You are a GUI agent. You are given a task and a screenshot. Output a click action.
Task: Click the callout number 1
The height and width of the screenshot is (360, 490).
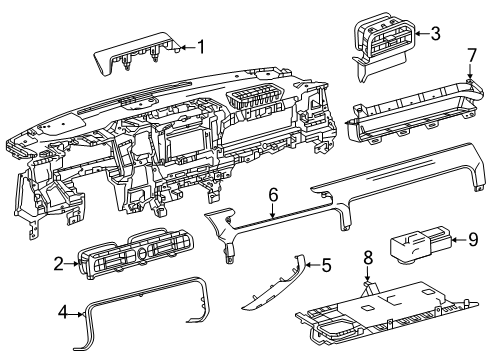(x=200, y=47)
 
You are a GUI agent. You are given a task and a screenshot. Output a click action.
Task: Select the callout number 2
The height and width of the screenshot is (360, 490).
(x=59, y=264)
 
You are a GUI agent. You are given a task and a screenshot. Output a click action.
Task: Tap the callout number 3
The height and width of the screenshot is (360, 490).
(x=435, y=34)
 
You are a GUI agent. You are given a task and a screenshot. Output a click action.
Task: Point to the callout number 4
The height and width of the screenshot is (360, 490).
(x=63, y=313)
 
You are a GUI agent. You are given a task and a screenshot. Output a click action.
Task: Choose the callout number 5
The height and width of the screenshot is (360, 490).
(x=326, y=265)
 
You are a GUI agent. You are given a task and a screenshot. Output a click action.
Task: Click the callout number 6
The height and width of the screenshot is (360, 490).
(x=273, y=195)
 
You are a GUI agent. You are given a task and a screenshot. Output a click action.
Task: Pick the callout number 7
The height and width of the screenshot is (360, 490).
(x=471, y=56)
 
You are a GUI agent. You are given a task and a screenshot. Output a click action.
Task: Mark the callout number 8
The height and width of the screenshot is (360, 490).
(x=368, y=258)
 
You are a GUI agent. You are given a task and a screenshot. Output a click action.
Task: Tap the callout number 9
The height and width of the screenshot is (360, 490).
(x=473, y=239)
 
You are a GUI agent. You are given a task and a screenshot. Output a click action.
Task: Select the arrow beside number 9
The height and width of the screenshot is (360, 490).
(x=459, y=239)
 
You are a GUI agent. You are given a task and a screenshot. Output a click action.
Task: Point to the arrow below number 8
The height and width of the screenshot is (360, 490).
(x=368, y=274)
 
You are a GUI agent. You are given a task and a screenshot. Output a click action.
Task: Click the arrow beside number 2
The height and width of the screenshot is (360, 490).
(x=73, y=264)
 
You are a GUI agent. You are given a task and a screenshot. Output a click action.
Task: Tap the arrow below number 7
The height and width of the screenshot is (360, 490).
(x=470, y=72)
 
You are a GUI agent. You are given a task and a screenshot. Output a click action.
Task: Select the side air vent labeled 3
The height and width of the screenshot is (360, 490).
(x=383, y=45)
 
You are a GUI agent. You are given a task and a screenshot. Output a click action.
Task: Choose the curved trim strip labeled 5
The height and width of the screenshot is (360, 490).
(x=274, y=284)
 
